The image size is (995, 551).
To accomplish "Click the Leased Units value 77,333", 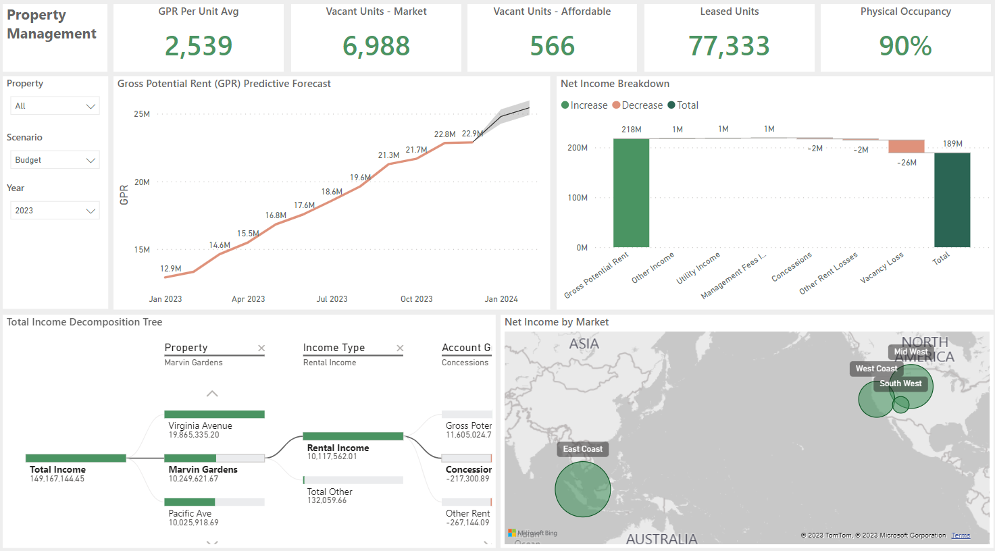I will tap(729, 46).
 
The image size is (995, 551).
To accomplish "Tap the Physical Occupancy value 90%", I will tap(905, 46).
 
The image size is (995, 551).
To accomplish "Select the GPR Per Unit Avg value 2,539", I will tap(199, 46).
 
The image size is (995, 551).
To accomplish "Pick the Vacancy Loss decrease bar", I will tap(906, 147).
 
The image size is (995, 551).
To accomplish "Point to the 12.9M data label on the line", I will tap(171, 269).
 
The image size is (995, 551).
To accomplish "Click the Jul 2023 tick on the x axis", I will tap(332, 299).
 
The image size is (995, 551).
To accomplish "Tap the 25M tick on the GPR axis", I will tap(142, 114).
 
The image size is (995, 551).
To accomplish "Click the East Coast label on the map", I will tap(582, 449).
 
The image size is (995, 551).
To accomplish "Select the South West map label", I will tap(900, 384).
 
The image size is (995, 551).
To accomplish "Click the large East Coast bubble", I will tap(582, 490).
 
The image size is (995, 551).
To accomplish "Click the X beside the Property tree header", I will tap(261, 348).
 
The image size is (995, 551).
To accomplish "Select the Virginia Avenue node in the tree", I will tap(200, 426).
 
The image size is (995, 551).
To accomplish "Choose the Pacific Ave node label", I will tap(190, 514).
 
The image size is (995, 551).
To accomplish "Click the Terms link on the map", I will tap(961, 535).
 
